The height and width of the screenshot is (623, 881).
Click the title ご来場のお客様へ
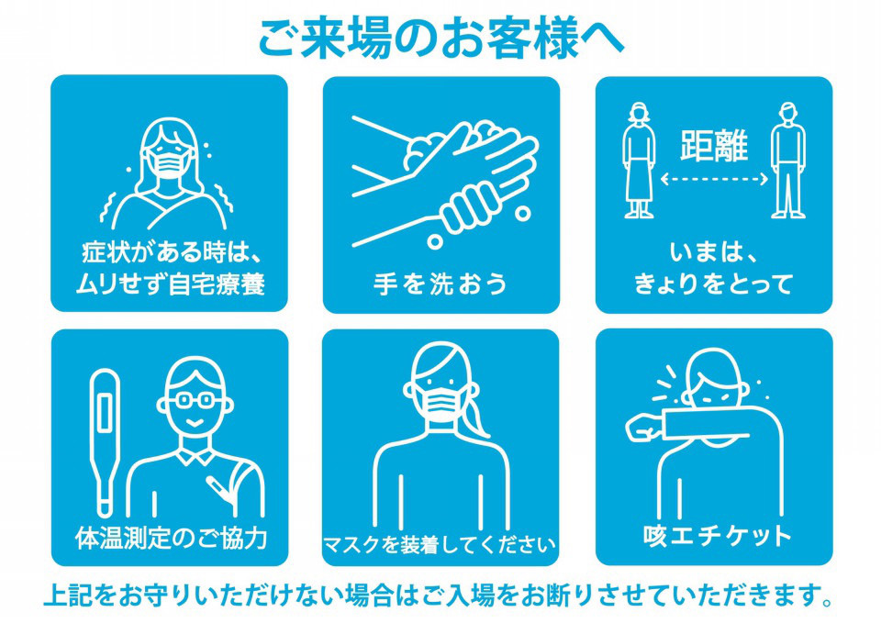pyautogui.click(x=440, y=39)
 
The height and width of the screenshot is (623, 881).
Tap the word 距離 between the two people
pyautogui.click(x=714, y=146)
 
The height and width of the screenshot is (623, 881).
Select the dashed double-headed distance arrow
pyautogui.click(x=714, y=180)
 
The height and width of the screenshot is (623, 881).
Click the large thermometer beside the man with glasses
pyautogui.click(x=105, y=442)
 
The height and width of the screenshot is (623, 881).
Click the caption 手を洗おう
pyautogui.click(x=440, y=284)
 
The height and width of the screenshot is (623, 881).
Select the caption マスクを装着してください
pyautogui.click(x=440, y=544)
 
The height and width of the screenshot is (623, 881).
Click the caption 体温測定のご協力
pyautogui.click(x=171, y=537)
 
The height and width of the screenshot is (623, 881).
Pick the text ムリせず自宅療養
pyautogui.click(x=171, y=284)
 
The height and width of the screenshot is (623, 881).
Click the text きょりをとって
pyautogui.click(x=714, y=284)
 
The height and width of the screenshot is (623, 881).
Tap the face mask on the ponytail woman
pyautogui.click(x=440, y=402)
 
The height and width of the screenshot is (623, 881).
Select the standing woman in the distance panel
pyautogui.click(x=639, y=160)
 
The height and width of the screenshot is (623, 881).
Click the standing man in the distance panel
pyautogui.click(x=787, y=160)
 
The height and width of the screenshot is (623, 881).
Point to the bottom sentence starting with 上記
pyautogui.click(x=439, y=595)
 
